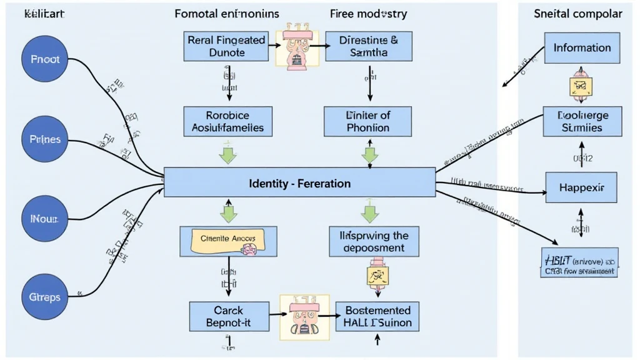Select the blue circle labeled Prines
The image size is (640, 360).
[x=45, y=139]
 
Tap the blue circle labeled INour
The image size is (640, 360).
[x=45, y=219]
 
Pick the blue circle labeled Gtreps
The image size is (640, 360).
[x=45, y=297]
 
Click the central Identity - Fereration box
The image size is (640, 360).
[x=299, y=184]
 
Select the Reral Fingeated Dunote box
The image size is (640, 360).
[x=226, y=46]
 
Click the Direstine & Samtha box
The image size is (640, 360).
[x=369, y=46]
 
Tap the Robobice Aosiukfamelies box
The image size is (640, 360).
[x=227, y=121]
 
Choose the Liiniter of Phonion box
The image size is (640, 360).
[x=367, y=121]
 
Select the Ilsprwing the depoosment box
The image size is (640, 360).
[x=366, y=241]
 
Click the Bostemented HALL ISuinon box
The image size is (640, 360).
[x=377, y=316]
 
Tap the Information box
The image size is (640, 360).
[x=582, y=47]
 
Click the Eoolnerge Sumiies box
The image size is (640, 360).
[x=582, y=121]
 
